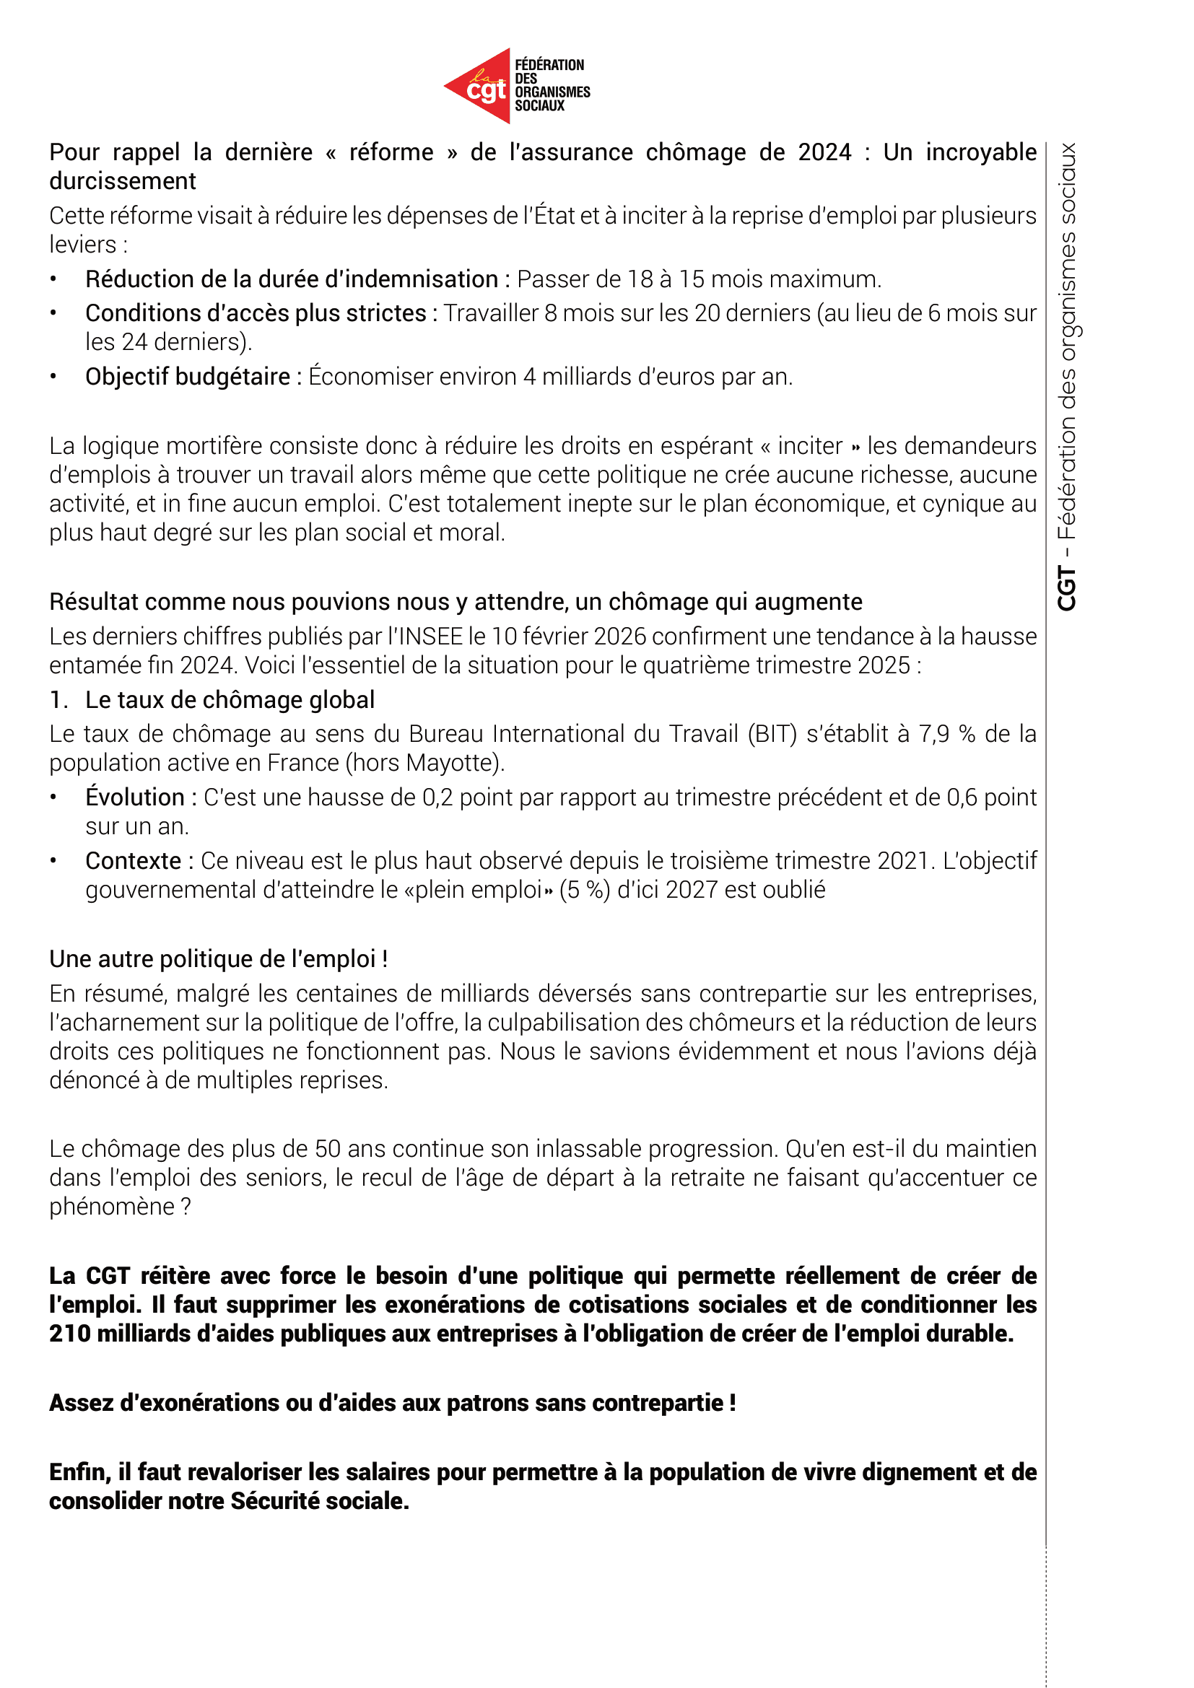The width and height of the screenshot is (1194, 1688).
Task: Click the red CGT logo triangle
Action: pos(481,87)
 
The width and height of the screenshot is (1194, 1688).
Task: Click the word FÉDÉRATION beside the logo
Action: pos(549,65)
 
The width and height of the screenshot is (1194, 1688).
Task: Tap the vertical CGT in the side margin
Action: pos(1066,588)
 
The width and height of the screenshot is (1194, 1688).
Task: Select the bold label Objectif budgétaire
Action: pos(188,377)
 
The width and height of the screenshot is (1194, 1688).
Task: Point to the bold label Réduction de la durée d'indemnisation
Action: pos(291,279)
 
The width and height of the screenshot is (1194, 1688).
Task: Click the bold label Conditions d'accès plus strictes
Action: pos(255,313)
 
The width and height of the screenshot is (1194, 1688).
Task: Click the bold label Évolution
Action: pos(134,797)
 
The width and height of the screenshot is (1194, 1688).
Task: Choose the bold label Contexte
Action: pos(133,861)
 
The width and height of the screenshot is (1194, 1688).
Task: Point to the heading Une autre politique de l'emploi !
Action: pos(218,959)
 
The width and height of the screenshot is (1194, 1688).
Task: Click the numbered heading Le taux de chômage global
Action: pos(230,700)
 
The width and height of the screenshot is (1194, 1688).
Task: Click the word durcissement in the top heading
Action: pos(123,181)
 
